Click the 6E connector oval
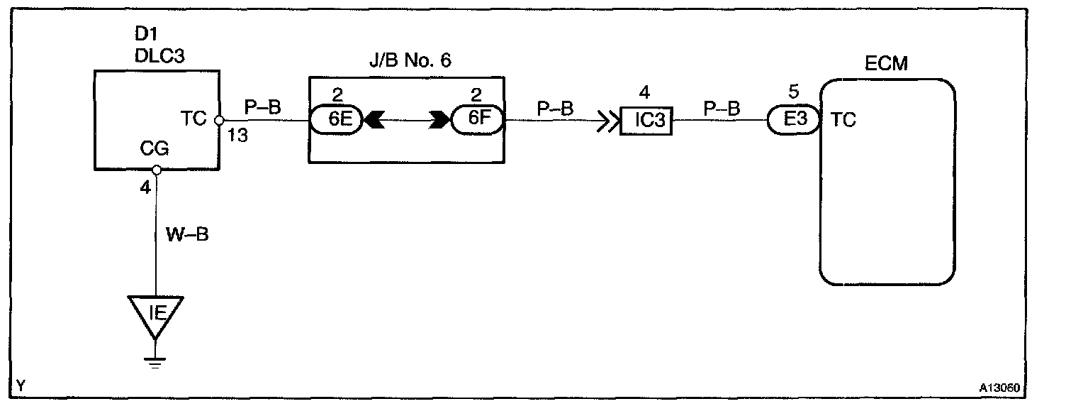click(335, 120)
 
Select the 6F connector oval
click(476, 120)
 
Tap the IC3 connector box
click(646, 120)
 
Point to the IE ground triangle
click(155, 312)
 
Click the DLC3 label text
click(159, 57)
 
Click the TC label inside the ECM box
click(843, 120)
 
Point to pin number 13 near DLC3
click(239, 136)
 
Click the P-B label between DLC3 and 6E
click(262, 107)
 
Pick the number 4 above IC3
click(644, 93)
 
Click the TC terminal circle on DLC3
click(219, 120)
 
